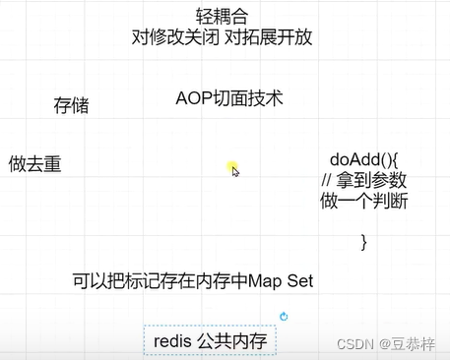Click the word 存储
tap(71, 105)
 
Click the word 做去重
tap(35, 164)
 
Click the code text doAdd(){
tap(362, 160)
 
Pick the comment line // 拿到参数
tap(364, 181)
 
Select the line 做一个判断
tap(363, 201)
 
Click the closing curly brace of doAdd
tap(363, 240)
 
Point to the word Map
tap(265, 280)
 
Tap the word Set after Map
tap(298, 280)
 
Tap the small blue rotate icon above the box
tap(284, 316)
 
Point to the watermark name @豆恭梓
tap(413, 344)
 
